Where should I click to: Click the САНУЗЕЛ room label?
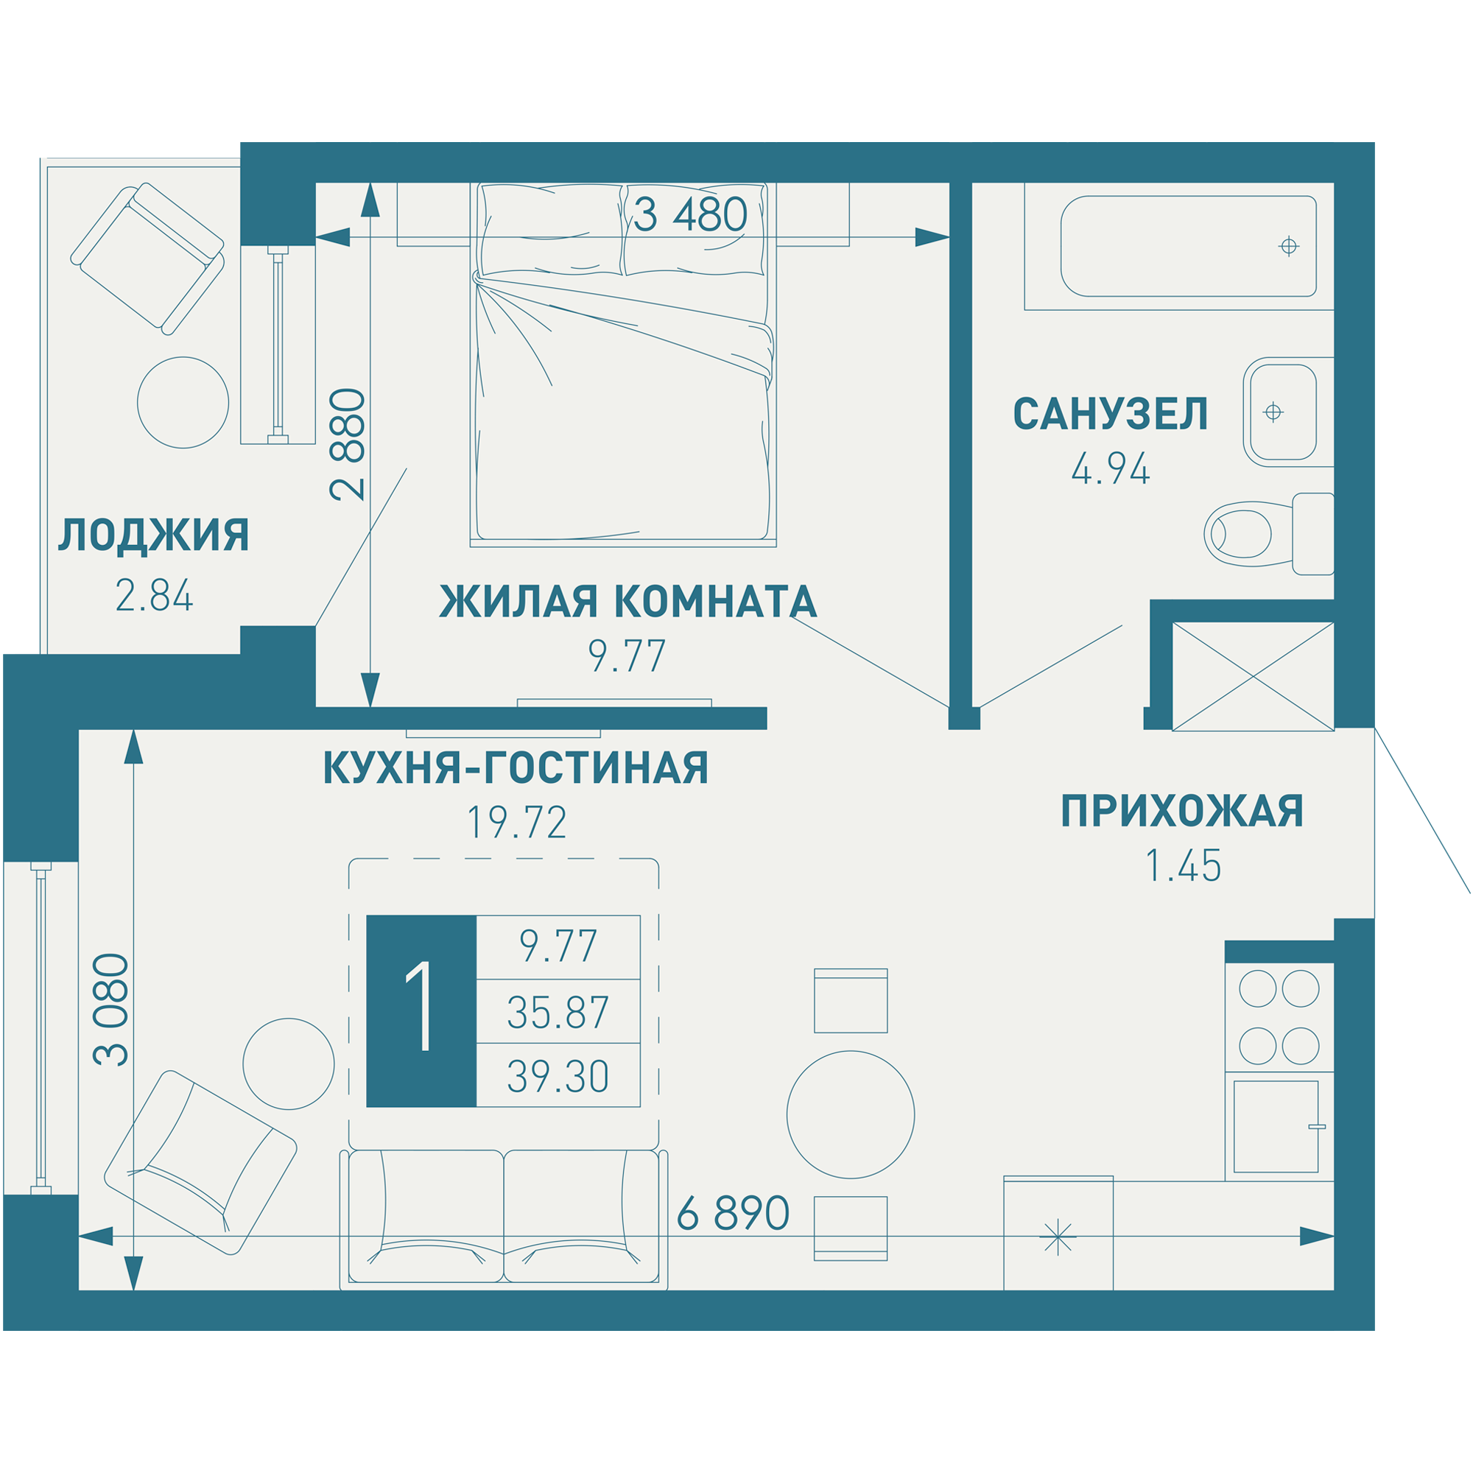[x=1110, y=415]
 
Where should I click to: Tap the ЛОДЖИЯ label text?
[x=154, y=535]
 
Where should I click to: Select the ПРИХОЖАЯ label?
[x=1183, y=811]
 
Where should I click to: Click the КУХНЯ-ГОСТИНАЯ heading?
[x=516, y=767]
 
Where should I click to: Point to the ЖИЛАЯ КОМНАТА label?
[x=628, y=602]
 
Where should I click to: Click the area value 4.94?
[x=1110, y=470]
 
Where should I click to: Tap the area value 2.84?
[x=154, y=597]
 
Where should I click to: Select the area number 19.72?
[x=516, y=823]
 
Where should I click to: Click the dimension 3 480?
[x=690, y=215]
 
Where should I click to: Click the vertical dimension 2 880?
[x=348, y=445]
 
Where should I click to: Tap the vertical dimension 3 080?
[x=111, y=1010]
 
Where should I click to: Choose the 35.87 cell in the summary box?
[x=558, y=1013]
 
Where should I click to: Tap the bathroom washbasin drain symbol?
[x=1273, y=412]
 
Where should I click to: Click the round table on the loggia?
[x=183, y=403]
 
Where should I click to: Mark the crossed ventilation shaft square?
[x=1253, y=676]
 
